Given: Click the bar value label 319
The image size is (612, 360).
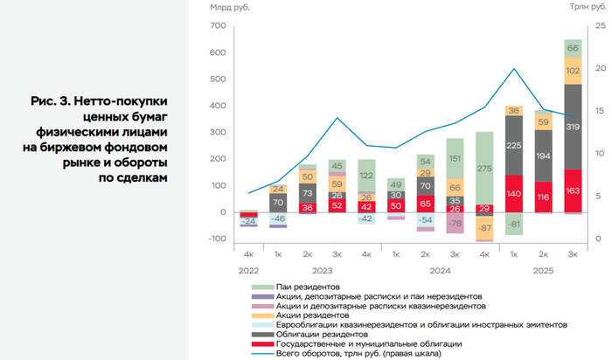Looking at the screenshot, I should click(574, 127).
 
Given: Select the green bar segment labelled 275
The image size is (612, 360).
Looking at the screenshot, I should click(483, 168).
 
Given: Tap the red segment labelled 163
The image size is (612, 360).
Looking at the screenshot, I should click(574, 190).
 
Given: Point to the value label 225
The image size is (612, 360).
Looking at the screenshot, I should click(514, 146).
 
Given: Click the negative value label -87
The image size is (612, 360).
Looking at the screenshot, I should click(483, 228).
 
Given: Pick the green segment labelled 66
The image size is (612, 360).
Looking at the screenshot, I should click(574, 47).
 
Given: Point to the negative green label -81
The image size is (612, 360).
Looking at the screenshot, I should click(514, 225).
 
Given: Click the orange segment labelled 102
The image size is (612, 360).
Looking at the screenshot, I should click(574, 70).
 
